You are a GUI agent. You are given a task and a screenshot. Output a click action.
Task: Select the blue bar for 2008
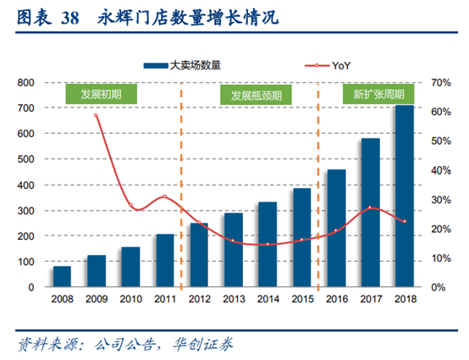coord(62,277)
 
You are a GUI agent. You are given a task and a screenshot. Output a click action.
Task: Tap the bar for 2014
coord(268,245)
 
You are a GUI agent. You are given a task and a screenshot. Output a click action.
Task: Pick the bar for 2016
coord(336,229)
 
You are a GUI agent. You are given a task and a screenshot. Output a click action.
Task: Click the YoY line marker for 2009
coord(97,115)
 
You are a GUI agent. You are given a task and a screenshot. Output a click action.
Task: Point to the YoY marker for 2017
coord(370,208)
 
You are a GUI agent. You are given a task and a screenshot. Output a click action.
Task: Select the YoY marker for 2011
coord(165,197)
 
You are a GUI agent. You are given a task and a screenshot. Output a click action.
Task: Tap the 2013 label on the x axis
coord(234,301)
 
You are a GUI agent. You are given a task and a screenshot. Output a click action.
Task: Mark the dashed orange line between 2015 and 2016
coord(319,186)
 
